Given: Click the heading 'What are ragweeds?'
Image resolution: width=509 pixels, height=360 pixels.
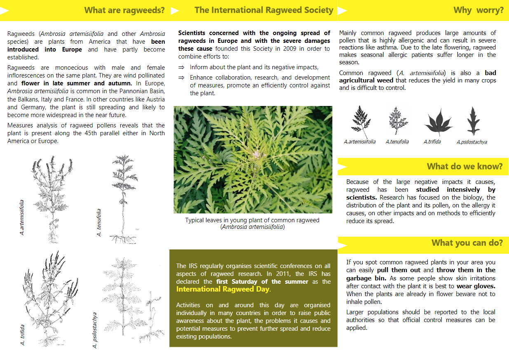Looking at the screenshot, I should (124, 10).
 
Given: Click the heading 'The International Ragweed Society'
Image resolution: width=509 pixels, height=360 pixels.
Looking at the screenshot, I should (264, 10).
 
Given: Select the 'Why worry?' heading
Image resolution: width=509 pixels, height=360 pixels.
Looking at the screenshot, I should (478, 10).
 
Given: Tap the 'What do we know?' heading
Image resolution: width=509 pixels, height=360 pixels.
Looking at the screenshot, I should (464, 167).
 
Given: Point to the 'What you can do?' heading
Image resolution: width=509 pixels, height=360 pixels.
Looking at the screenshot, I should (467, 243).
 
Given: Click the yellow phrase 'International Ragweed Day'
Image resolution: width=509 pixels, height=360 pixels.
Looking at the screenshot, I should (223, 289).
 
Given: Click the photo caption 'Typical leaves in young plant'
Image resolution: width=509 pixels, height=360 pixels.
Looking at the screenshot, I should (252, 220).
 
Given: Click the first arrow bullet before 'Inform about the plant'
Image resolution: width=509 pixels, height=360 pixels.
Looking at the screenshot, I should (181, 67).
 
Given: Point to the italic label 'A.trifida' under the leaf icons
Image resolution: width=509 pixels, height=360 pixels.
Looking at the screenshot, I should (432, 142).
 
